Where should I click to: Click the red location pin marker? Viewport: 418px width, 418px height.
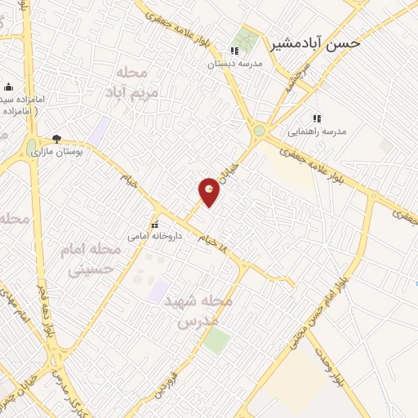[x=210, y=192]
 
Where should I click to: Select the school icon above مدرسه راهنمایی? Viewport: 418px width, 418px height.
[x=317, y=118]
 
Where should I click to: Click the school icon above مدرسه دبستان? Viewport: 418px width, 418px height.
[x=234, y=51]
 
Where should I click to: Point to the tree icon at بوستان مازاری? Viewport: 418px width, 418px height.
[x=56, y=139]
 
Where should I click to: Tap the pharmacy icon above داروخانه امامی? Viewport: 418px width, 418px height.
[x=153, y=225]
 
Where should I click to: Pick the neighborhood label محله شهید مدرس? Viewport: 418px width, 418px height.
[x=199, y=311]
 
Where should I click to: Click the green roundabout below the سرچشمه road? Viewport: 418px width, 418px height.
[x=259, y=131]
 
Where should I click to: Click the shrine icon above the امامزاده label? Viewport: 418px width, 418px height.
[x=8, y=87]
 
